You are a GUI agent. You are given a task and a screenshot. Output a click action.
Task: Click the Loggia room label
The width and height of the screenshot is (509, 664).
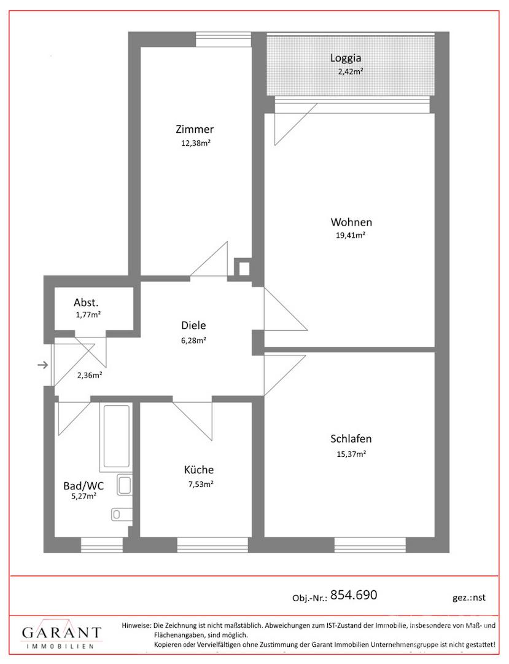346,58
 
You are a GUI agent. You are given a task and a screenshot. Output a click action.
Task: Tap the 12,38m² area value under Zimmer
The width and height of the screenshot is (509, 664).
196,143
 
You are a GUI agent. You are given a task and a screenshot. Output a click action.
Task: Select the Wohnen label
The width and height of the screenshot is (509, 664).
351,222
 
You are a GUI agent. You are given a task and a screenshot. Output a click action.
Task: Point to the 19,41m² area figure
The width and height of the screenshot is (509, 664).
351,235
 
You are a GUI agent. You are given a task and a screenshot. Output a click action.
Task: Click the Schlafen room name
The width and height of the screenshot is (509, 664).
351,439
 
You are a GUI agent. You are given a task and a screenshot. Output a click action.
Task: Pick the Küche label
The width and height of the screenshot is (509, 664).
199,470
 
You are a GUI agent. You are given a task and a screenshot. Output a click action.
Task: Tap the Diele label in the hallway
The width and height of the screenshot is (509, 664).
193,325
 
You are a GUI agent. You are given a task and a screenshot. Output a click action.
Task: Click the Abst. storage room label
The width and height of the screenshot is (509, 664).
86,302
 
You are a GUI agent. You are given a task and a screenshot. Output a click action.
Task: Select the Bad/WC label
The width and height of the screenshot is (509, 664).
84,486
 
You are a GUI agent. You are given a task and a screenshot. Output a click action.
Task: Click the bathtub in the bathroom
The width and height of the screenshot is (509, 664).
116,437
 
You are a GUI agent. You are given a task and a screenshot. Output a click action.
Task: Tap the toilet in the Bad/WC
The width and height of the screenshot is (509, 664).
122,515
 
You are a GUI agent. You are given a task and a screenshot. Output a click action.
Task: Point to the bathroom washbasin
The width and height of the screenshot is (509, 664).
125,485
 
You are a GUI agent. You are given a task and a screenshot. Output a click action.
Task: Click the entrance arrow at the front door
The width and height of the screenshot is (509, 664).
43,365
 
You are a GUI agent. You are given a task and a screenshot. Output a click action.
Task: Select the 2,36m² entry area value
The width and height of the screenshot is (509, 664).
89,375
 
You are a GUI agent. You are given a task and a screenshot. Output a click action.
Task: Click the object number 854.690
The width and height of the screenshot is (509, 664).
354,595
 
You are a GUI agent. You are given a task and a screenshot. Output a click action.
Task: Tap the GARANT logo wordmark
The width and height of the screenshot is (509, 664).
62,633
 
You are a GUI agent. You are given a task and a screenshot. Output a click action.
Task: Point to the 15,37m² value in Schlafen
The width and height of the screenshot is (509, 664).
351,454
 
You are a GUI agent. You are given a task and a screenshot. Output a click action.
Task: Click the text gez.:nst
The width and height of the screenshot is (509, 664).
469,598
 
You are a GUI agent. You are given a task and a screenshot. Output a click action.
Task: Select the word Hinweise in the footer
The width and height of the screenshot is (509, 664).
136,625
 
